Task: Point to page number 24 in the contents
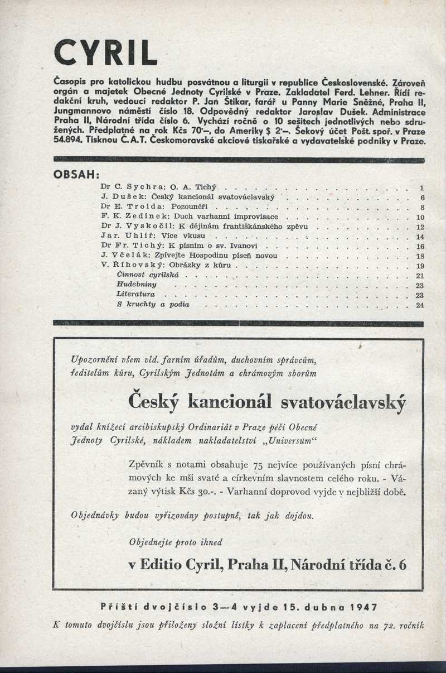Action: (420, 304)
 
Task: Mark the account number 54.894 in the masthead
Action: (66, 142)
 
